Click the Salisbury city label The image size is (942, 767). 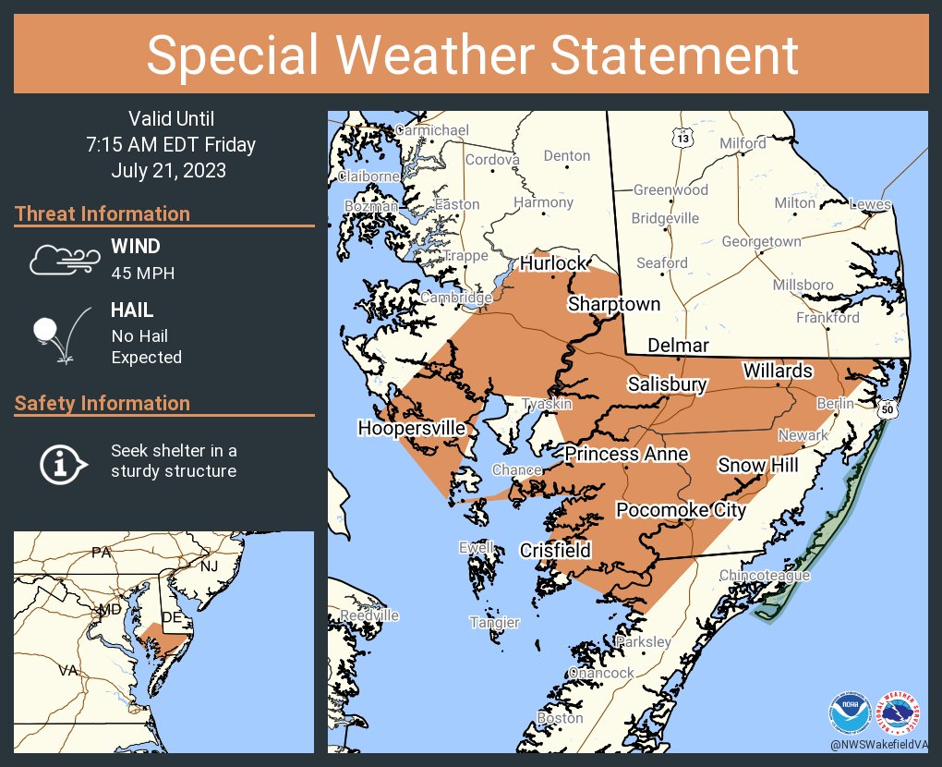667,384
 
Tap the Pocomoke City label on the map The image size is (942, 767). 681,510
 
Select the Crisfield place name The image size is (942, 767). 554,550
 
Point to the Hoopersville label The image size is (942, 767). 412,429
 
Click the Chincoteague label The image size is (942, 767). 765,576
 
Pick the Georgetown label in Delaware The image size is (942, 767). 761,241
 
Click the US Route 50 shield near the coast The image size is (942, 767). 888,408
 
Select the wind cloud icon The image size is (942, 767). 62,260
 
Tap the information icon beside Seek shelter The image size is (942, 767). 62,462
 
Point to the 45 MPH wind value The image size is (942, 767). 142,274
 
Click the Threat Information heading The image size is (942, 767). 103,213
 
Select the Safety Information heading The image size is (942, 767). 103,403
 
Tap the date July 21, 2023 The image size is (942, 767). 168,171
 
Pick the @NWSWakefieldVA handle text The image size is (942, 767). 878,744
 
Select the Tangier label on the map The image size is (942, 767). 495,622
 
